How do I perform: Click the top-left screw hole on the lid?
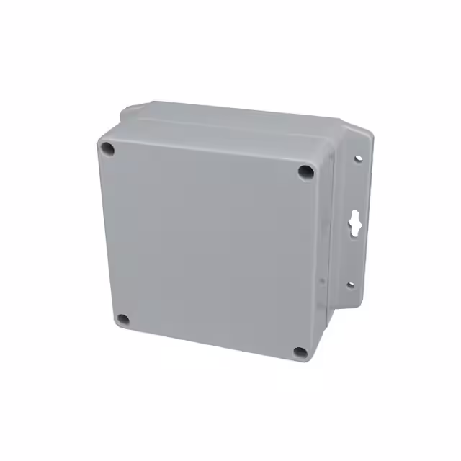point(107,150)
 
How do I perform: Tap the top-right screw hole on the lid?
point(306,171)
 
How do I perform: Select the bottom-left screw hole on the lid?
point(122,319)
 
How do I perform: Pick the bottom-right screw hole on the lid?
point(300,352)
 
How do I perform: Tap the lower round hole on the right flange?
point(351,285)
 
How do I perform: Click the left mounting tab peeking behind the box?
point(127,112)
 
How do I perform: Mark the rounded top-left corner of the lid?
point(103,133)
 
